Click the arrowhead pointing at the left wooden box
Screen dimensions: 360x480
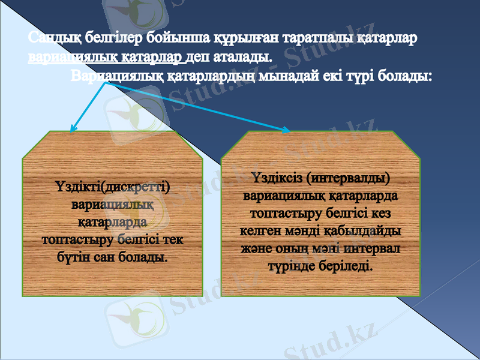tap(73, 128)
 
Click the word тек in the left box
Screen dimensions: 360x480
tap(173, 240)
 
